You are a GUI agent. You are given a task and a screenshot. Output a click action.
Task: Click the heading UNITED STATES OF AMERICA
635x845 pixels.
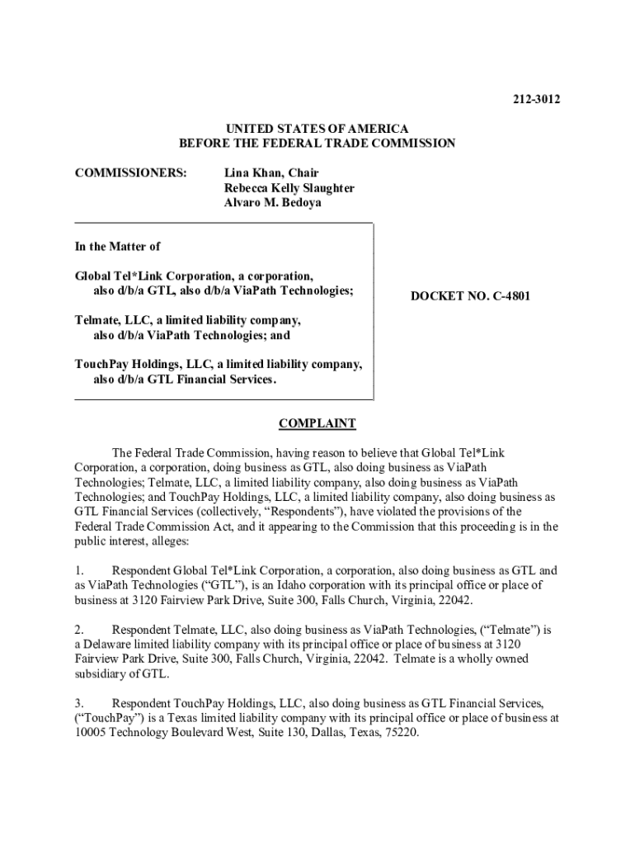point(317,129)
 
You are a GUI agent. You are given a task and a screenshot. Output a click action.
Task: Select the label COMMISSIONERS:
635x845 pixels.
point(130,173)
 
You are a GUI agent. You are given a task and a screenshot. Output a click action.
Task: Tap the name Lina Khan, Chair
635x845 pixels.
point(271,173)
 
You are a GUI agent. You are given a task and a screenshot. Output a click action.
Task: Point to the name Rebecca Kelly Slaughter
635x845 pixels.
point(289,188)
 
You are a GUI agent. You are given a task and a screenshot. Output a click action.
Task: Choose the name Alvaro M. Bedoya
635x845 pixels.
point(273,203)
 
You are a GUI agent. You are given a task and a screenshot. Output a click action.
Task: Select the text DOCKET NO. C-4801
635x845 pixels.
point(470,296)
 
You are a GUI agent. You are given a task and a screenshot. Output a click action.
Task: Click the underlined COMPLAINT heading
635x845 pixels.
point(317,424)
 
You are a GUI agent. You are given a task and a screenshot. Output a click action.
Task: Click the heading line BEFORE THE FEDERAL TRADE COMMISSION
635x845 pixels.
point(317,144)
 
